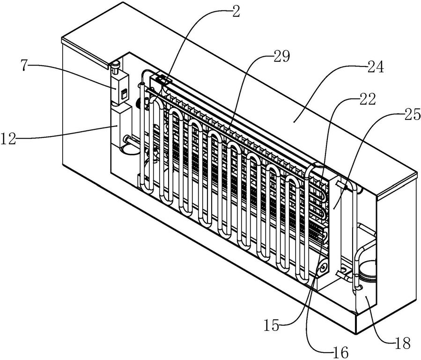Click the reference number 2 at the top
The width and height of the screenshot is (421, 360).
click(236, 12)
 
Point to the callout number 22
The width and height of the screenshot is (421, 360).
click(367, 100)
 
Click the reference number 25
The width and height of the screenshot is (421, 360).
click(412, 115)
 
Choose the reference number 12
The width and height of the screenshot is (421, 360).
click(8, 139)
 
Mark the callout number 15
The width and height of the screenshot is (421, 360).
click(272, 326)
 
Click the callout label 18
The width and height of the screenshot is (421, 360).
click(403, 343)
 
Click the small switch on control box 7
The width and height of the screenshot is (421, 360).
click(124, 94)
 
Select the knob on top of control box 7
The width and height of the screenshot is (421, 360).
click(116, 67)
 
